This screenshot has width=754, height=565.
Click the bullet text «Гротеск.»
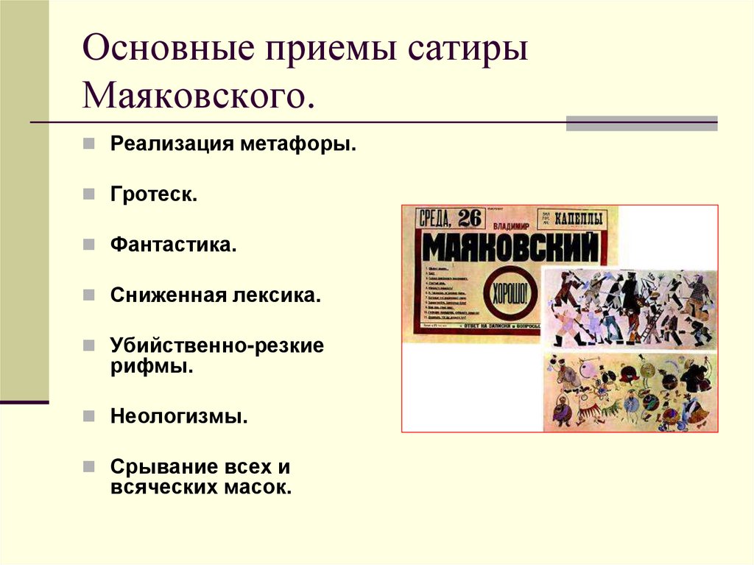(154, 195)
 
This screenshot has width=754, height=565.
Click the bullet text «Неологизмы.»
(179, 416)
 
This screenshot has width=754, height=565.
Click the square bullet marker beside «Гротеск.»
(88, 195)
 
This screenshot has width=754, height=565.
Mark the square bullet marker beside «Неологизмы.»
(88, 416)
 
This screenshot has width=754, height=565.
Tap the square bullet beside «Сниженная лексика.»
(88, 295)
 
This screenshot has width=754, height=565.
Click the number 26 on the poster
(474, 219)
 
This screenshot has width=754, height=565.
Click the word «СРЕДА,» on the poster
(437, 219)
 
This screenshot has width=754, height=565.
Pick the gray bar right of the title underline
(641, 123)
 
